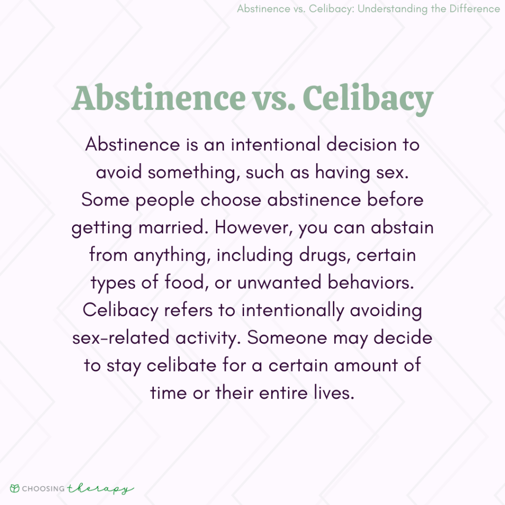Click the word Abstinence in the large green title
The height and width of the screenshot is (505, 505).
(x=158, y=98)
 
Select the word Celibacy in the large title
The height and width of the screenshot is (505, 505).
(x=368, y=100)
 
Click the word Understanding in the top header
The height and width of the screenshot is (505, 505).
(x=392, y=9)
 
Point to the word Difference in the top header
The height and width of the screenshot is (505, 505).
(x=475, y=8)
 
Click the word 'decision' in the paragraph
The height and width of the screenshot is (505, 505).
(x=361, y=144)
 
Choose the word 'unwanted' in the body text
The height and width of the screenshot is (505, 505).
(x=279, y=283)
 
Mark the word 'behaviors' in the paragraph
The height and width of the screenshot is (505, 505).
(x=371, y=283)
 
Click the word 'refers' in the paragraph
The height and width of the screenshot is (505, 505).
(x=188, y=310)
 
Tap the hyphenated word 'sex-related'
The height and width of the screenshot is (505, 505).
(x=121, y=338)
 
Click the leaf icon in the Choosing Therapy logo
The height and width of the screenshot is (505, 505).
(x=15, y=489)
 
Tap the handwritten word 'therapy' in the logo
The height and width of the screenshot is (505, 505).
(x=101, y=489)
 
